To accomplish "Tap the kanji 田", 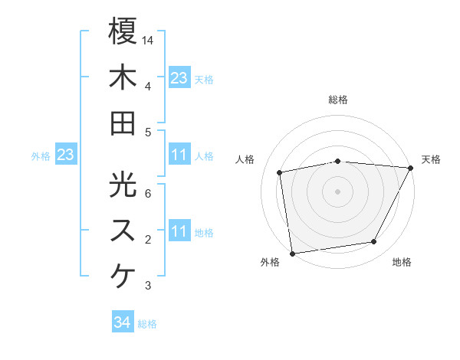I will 123,123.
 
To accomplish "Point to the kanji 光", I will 123,185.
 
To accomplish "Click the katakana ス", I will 123,231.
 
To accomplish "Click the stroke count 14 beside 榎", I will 148,39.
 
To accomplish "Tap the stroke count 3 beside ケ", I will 148,286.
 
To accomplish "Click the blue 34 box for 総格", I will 122,323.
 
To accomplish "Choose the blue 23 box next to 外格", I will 65,155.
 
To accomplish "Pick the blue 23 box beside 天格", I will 179,78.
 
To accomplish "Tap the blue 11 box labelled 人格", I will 179,155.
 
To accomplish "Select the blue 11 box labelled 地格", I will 179,231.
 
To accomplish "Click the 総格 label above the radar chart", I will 338,100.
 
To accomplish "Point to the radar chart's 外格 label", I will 270,262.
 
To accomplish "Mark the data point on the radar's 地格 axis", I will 374,242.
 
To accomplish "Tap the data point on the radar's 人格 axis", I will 280,172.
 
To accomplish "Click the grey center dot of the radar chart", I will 338,191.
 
